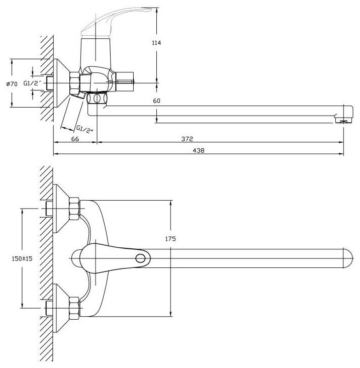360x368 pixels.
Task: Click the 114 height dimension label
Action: coord(156,43)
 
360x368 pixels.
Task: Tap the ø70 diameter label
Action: coord(12,84)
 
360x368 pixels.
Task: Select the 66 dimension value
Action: coord(75,139)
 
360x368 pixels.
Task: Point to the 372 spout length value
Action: coord(187,139)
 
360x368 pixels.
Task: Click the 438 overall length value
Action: coord(199,150)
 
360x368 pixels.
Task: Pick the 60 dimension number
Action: coord(156,101)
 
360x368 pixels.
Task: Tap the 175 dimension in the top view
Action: coord(170,239)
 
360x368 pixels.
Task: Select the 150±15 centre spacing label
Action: coord(22,258)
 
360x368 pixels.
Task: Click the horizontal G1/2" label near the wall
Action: coord(32,83)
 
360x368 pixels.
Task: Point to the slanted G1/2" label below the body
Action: coord(84,129)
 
